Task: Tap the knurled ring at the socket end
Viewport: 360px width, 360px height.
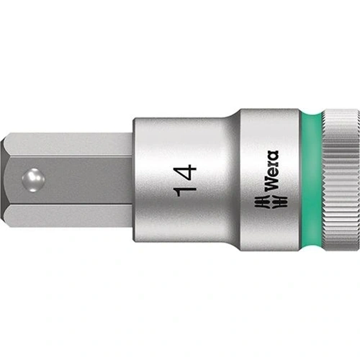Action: pyautogui.click(x=336, y=180)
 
